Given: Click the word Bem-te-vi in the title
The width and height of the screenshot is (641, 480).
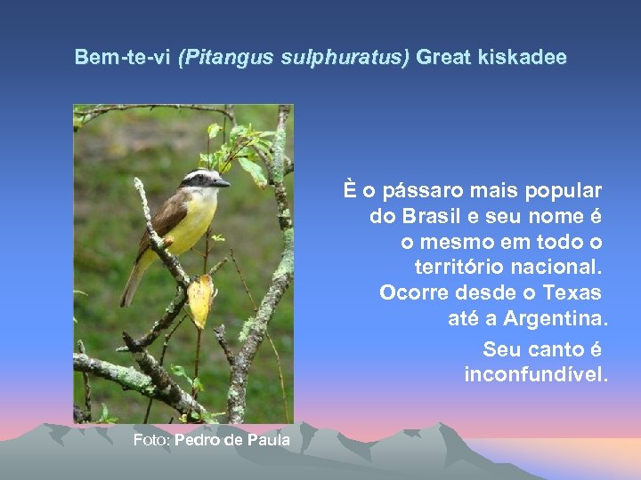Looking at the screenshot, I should [124, 58].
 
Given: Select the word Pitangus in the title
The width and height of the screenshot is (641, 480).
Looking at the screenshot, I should [218, 58].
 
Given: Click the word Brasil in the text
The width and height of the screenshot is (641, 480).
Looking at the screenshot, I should [432, 216].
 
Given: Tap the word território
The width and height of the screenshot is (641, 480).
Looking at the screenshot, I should [460, 267].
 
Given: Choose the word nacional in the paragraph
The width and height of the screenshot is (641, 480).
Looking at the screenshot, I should [558, 267].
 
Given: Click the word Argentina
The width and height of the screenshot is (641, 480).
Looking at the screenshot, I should [556, 318].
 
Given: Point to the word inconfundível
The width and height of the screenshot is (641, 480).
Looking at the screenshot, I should [536, 374].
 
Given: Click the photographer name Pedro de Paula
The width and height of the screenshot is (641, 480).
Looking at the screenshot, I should [232, 439].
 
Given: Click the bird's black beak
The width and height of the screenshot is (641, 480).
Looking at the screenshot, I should [220, 183].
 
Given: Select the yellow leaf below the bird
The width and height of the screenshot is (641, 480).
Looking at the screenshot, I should [200, 300].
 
